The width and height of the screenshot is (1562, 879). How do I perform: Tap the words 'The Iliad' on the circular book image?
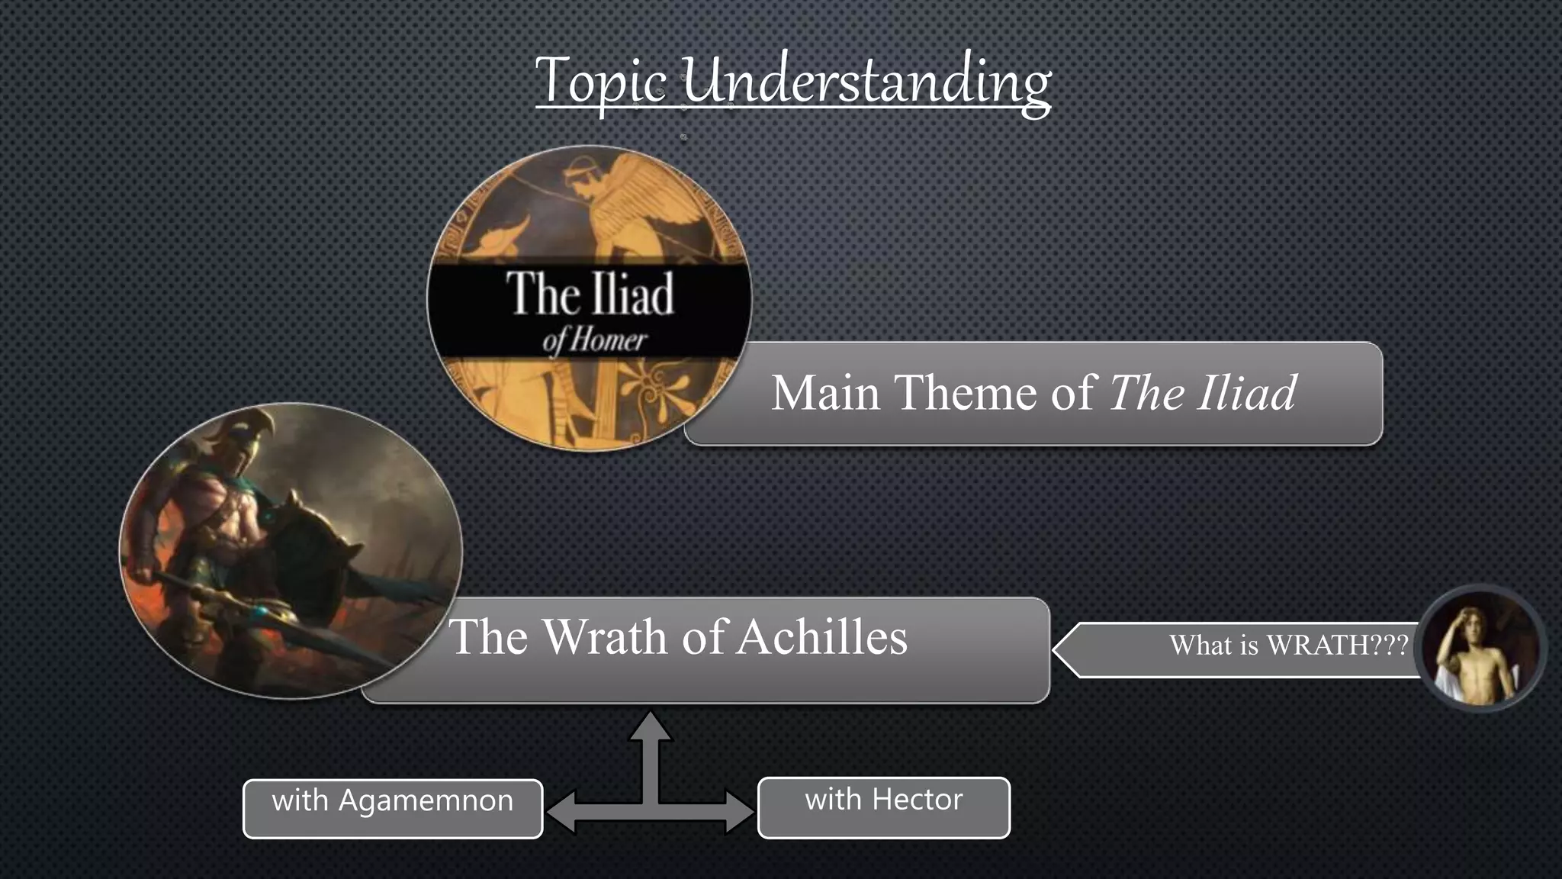click(590, 294)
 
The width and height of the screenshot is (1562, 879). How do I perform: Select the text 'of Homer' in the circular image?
click(594, 340)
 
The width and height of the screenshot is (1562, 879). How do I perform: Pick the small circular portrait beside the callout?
click(1480, 649)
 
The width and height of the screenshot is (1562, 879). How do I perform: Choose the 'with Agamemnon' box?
click(393, 808)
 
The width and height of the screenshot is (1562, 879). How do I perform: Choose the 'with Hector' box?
click(883, 807)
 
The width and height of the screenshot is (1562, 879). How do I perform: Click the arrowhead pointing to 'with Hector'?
click(739, 811)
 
